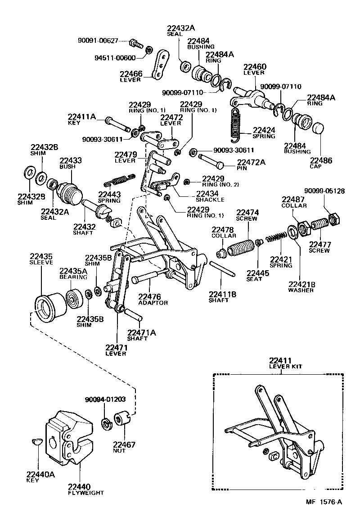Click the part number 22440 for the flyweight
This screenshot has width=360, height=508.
pos(79,486)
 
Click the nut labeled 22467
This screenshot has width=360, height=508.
pos(121,419)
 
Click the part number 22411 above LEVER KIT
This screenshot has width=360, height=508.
pos(281,360)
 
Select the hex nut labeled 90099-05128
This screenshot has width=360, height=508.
pos(333,219)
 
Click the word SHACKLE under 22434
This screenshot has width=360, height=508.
pos(210,200)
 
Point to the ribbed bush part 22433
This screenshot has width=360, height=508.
pos(70,191)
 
